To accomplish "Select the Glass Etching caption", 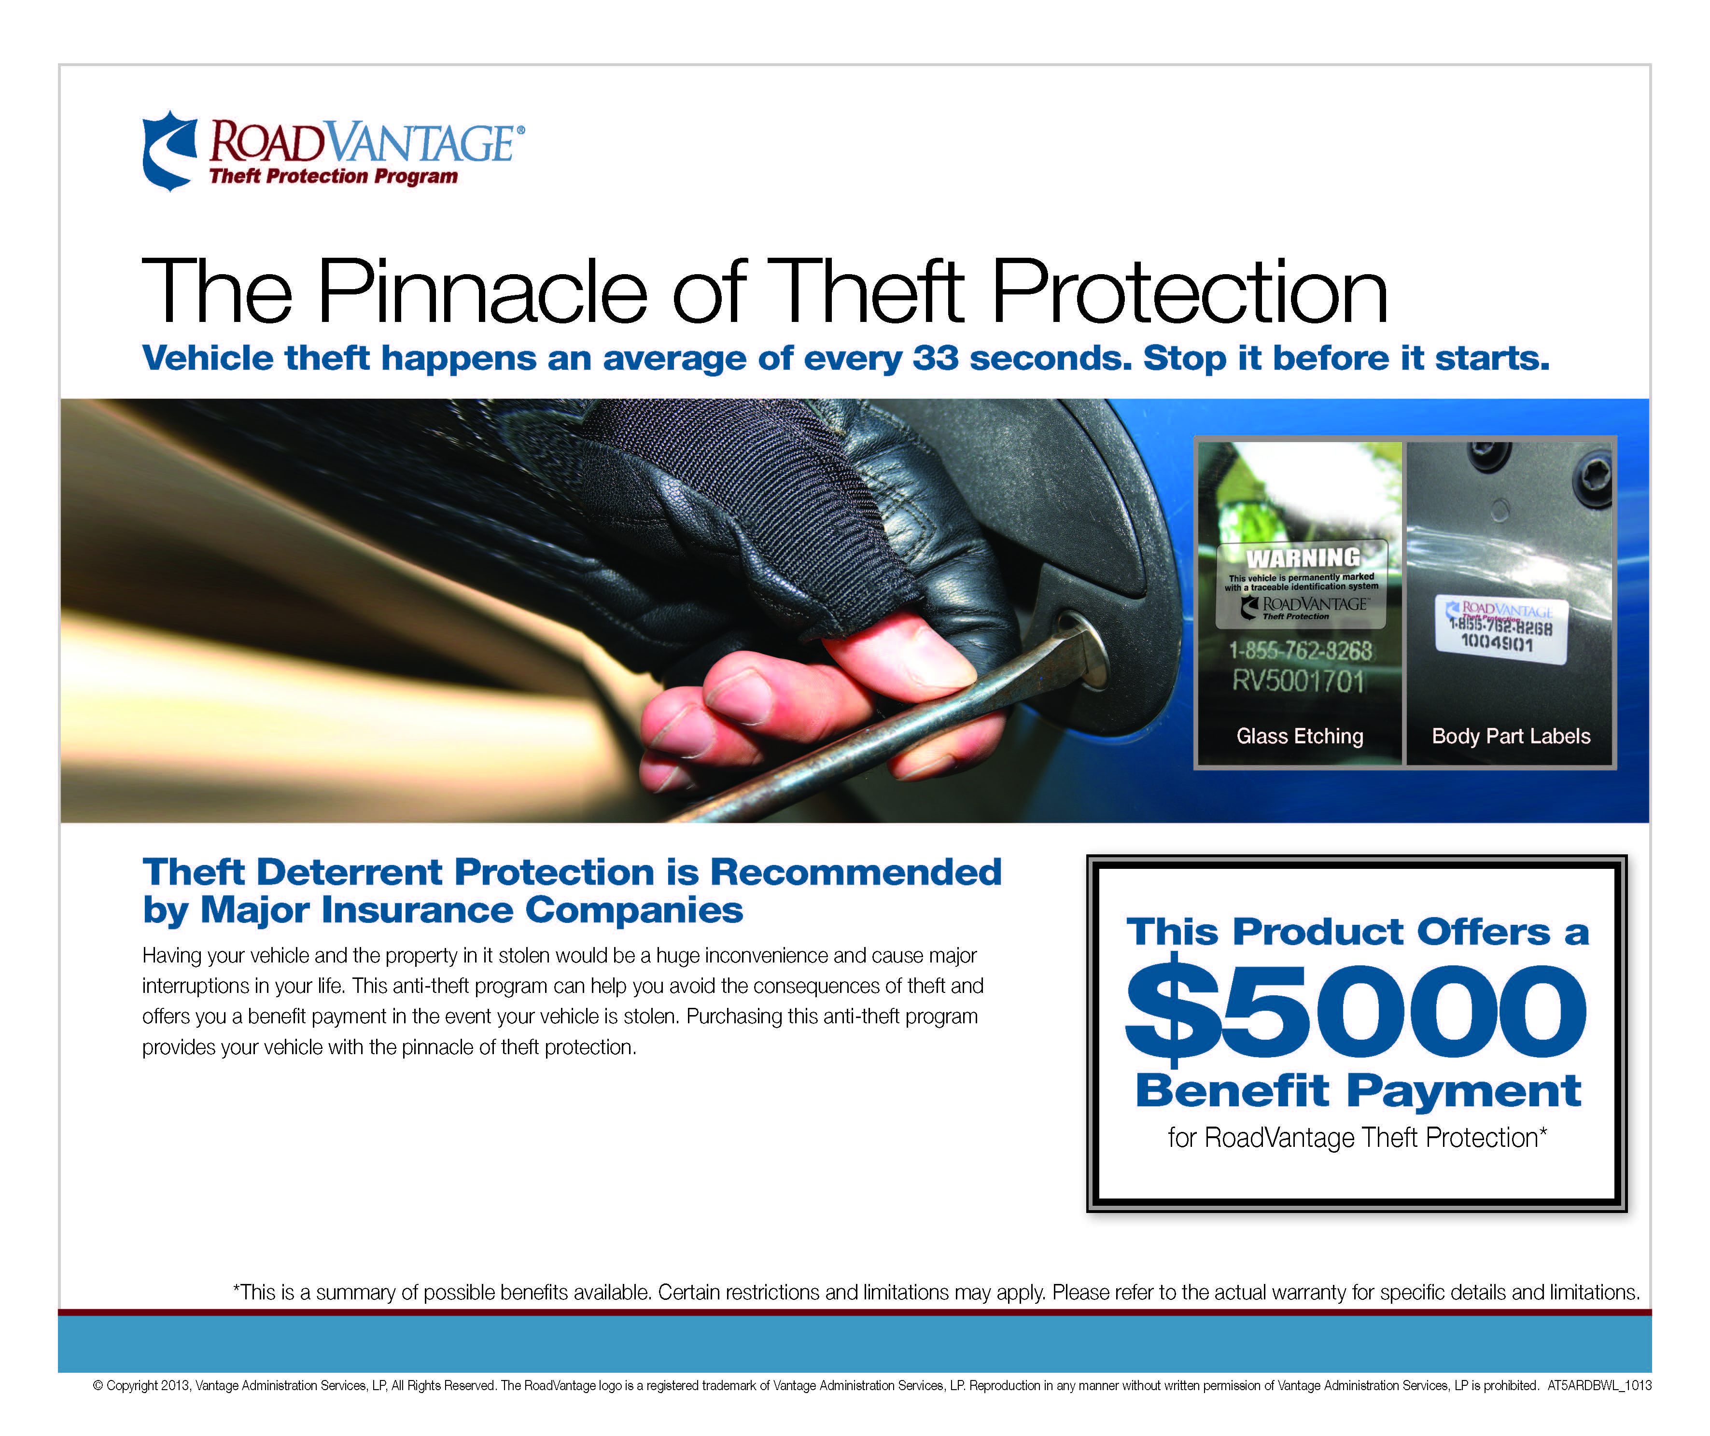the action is tap(1300, 736).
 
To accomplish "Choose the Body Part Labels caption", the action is tap(1511, 736).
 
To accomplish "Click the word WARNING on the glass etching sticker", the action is tap(1303, 558).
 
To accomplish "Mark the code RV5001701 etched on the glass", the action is tap(1298, 681).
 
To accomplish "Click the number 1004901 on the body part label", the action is tap(1497, 643).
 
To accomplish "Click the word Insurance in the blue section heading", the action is tap(418, 910).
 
